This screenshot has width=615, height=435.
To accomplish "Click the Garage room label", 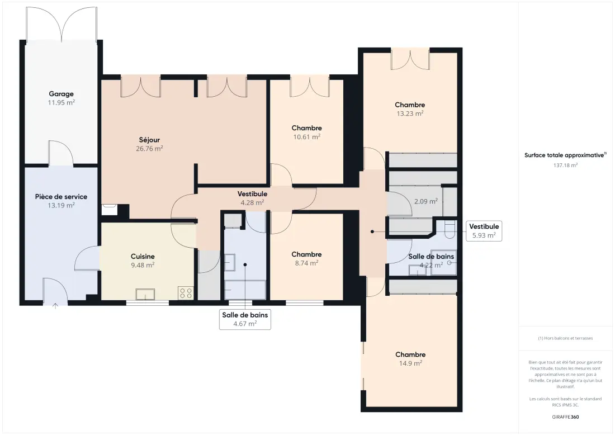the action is (x=61, y=94).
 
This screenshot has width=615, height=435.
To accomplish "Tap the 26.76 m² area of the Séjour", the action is (x=149, y=149).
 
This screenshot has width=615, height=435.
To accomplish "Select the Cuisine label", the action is (x=143, y=256).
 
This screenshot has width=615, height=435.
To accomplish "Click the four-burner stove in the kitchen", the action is (x=186, y=292).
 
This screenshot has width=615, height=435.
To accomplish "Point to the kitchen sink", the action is (x=145, y=294).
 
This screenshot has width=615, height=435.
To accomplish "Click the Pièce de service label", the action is (x=61, y=196).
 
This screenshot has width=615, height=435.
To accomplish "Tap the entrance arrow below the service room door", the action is (x=55, y=306).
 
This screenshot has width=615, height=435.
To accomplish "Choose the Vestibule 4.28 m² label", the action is (x=252, y=198).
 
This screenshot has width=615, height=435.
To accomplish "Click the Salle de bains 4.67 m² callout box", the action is (x=245, y=319).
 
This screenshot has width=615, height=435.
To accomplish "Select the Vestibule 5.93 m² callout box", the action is (x=484, y=231).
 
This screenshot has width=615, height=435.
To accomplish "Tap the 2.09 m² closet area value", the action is (x=426, y=202).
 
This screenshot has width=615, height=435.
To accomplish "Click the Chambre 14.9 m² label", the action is (x=410, y=359).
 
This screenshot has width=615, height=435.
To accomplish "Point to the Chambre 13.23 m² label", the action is (x=410, y=109).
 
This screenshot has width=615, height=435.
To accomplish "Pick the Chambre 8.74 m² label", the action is (x=306, y=258).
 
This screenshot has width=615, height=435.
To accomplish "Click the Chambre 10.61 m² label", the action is (x=307, y=132).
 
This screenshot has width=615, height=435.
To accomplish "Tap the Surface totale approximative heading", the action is (x=565, y=155).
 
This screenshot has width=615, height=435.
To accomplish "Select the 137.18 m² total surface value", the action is (x=565, y=166).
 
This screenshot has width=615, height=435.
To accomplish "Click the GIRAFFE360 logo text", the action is (x=565, y=417).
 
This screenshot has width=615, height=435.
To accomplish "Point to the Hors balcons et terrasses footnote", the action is (x=565, y=338).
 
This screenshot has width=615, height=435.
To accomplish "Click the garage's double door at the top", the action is (x=61, y=23).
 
